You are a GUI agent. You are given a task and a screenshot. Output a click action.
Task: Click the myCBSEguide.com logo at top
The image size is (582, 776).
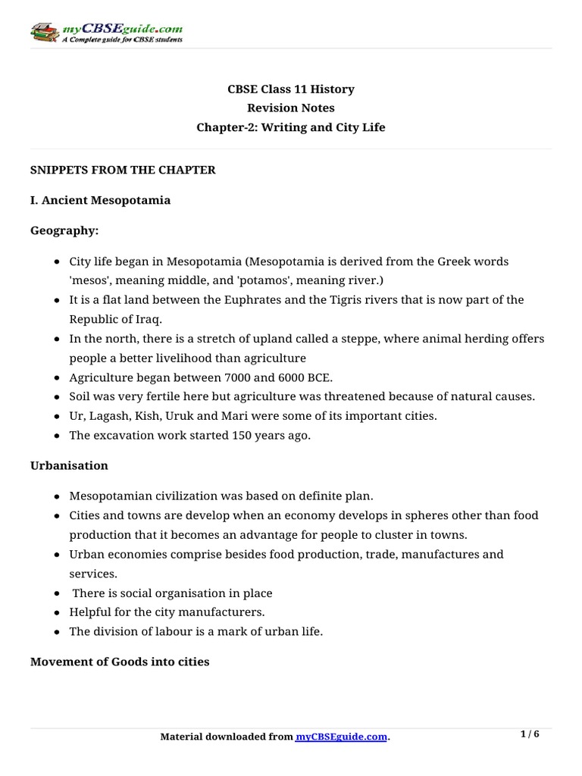(x=106, y=32)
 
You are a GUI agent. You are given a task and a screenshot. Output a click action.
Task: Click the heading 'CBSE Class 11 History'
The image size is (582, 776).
(x=291, y=89)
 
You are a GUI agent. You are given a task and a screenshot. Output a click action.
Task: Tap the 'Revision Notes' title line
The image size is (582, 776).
(x=291, y=108)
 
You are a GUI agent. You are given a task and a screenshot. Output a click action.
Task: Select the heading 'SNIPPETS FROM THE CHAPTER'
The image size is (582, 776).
(x=123, y=170)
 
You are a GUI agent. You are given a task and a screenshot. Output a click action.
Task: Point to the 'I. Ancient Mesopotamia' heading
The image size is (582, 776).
(x=100, y=201)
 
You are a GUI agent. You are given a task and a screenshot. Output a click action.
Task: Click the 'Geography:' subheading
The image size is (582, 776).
(x=64, y=230)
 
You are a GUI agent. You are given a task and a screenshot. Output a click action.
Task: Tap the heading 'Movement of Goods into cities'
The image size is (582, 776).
(x=120, y=662)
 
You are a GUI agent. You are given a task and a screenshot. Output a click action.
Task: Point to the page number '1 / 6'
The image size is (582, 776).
(x=530, y=734)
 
